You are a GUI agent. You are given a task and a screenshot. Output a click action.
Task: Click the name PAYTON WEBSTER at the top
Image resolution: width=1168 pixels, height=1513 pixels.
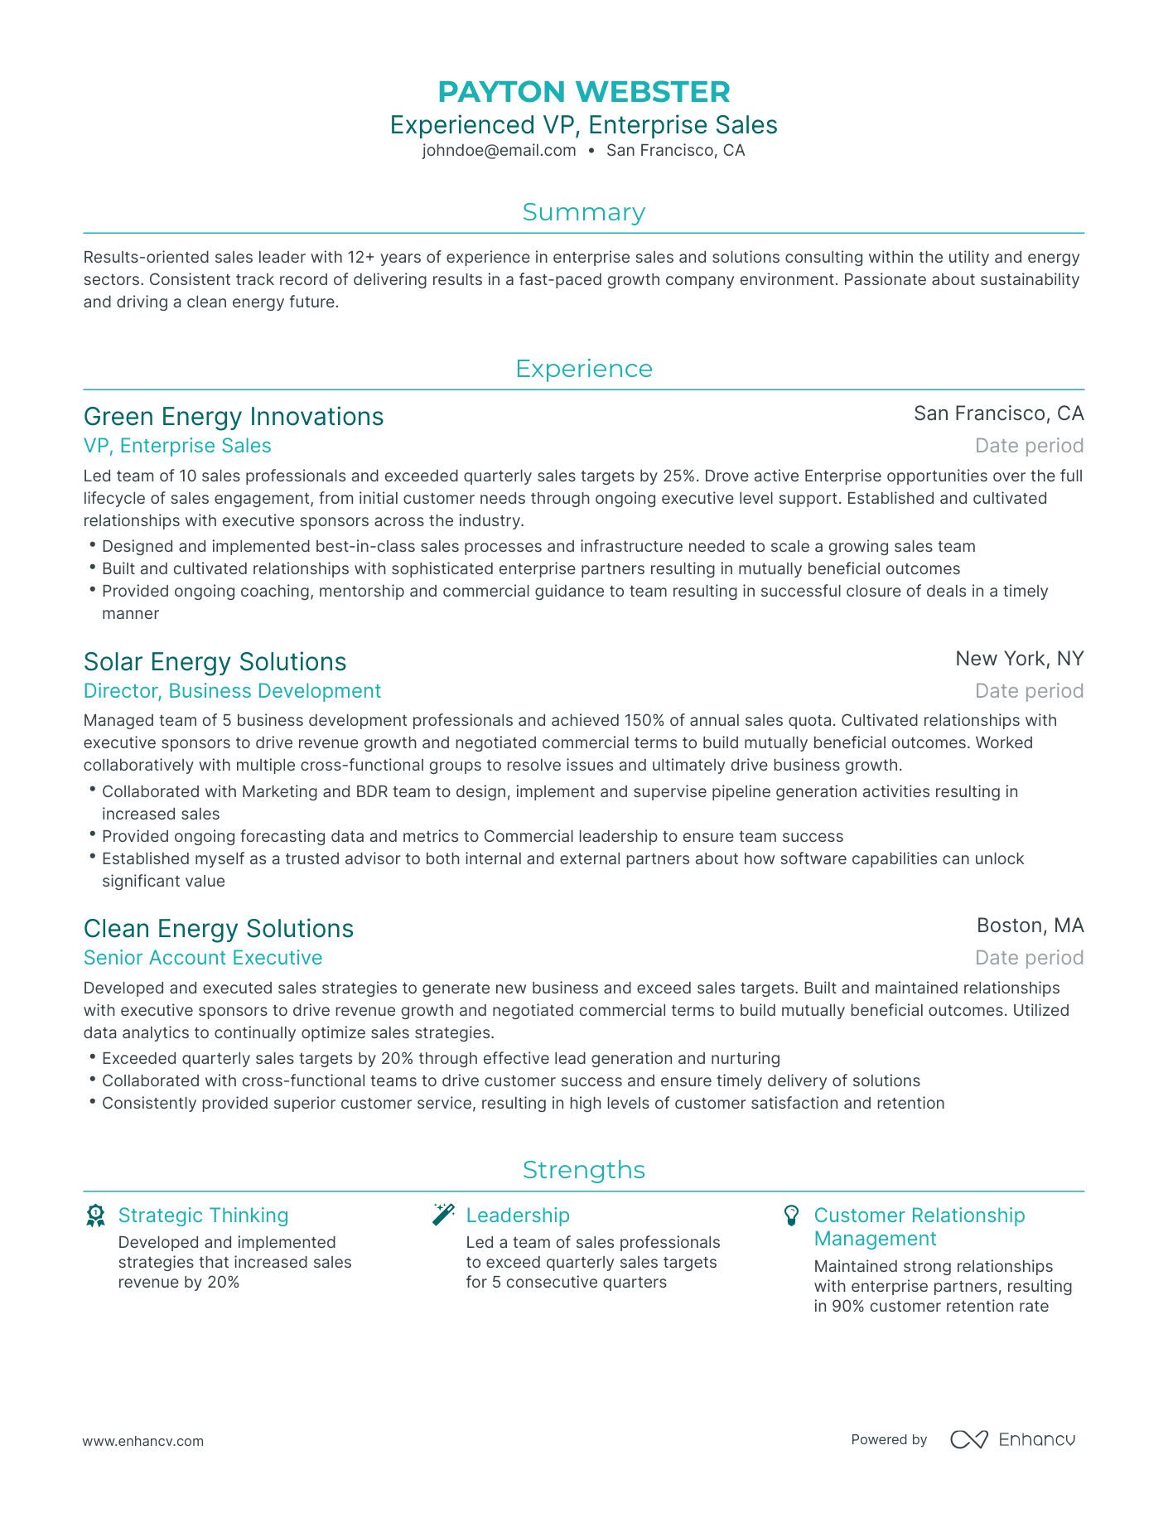click(x=583, y=91)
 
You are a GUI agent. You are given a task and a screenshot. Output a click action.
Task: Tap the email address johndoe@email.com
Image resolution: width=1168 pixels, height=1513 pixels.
click(x=499, y=151)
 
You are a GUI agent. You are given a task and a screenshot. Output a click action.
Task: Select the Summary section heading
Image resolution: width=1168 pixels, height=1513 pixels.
click(x=583, y=213)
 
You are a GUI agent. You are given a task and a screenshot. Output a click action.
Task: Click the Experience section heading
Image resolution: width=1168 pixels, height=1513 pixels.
click(x=583, y=369)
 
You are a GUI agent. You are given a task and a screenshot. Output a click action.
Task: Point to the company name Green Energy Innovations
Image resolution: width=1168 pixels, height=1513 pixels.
click(x=234, y=416)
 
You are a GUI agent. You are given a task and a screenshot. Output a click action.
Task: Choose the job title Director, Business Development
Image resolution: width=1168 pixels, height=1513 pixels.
click(x=232, y=691)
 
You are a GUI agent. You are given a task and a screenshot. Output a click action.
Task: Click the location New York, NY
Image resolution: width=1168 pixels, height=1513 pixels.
click(x=1019, y=659)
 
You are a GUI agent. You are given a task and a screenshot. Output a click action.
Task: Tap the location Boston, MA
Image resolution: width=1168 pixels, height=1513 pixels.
click(x=1030, y=926)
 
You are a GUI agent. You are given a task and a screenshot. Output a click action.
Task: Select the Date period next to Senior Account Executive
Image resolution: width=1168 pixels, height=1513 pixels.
click(x=1029, y=958)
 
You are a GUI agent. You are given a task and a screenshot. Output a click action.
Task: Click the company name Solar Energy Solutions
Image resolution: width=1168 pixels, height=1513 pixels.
click(x=215, y=661)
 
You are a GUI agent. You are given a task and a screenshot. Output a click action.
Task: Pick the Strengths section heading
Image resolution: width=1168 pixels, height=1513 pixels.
click(x=583, y=1170)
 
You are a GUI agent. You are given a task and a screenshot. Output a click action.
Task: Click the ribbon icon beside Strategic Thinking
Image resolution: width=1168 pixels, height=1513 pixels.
click(x=95, y=1216)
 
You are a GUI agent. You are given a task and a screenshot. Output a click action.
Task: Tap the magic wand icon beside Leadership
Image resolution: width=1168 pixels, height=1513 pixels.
click(x=443, y=1215)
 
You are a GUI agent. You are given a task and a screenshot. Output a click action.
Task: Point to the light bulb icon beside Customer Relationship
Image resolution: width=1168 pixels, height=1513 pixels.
click(x=791, y=1216)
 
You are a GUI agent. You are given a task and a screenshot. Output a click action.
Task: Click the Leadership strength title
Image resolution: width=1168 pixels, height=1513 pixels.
click(x=518, y=1216)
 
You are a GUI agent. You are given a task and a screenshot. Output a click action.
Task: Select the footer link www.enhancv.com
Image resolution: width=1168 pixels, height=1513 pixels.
click(x=142, y=1441)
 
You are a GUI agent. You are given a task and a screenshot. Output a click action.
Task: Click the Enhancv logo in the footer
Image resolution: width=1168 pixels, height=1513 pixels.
click(x=1012, y=1439)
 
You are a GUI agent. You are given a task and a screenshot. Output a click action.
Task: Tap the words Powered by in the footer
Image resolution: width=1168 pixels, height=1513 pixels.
click(x=888, y=1440)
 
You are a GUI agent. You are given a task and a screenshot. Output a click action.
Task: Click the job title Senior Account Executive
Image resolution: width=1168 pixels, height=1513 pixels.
click(x=203, y=958)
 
